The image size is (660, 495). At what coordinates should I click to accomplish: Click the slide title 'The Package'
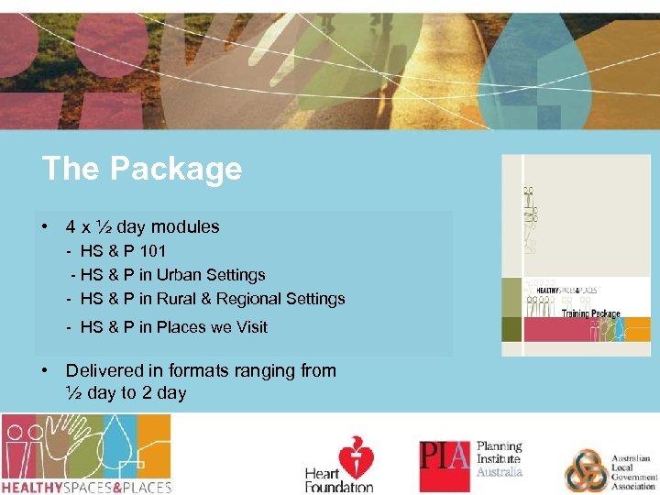(142, 169)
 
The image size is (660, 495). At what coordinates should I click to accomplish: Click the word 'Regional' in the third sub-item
(249, 298)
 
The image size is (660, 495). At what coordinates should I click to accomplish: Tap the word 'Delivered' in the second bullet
(103, 370)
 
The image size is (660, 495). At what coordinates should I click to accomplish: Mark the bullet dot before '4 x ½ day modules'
(44, 226)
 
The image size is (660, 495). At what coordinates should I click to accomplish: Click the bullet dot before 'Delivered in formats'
(44, 370)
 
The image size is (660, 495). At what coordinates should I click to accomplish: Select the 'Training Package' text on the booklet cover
(591, 313)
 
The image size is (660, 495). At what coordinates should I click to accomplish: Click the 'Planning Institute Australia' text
(500, 459)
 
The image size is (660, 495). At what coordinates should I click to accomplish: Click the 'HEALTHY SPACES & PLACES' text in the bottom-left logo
(86, 487)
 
